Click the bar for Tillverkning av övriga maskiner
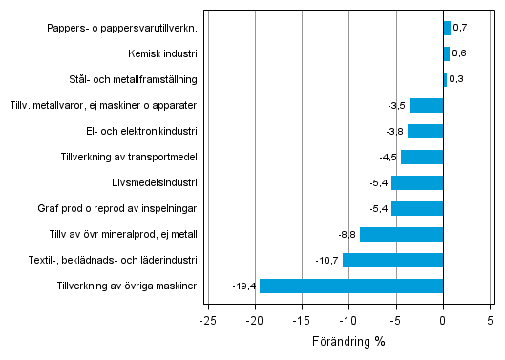pos(351,286)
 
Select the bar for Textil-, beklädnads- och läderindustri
pos(392,260)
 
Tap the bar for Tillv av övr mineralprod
pos(401,234)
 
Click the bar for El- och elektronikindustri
pos(425,131)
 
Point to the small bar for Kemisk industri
pos(446,53)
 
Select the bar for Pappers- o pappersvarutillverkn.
pos(447,28)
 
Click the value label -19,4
pos(244,286)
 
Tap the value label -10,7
pos(327,260)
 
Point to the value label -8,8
pos(347,234)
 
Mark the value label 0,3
pos(456,79)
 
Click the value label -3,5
pos(396,105)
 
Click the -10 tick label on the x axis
pos(347,320)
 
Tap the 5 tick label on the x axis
pos(491,320)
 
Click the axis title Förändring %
pos(348,341)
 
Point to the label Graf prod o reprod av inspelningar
pos(124,208)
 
